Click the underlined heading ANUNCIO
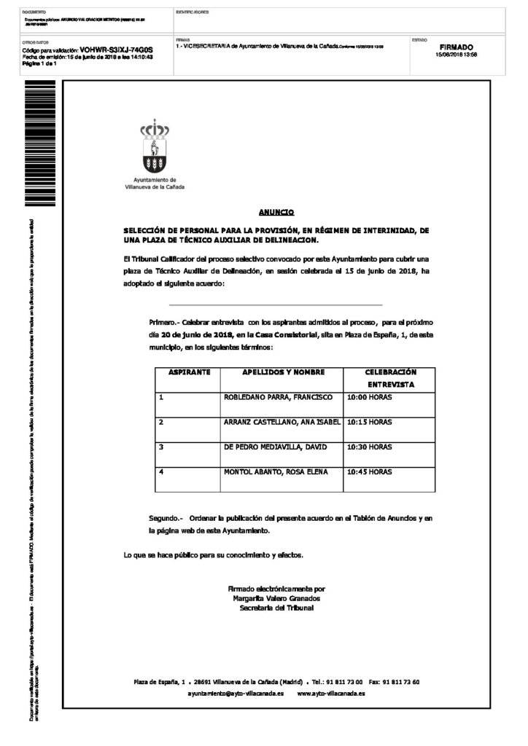pyautogui.click(x=276, y=212)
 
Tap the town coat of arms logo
pyautogui.click(x=155, y=149)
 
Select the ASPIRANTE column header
pyautogui.click(x=189, y=372)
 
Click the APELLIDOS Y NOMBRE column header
pyautogui.click(x=283, y=372)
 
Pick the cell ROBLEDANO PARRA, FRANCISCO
pyautogui.click(x=278, y=397)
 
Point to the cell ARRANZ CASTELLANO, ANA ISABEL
pyautogui.click(x=282, y=422)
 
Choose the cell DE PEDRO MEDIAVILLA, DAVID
pyautogui.click(x=276, y=447)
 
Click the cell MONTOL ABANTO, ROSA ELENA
pyautogui.click(x=276, y=471)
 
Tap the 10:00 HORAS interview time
pyautogui.click(x=369, y=397)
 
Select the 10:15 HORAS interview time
pyautogui.click(x=369, y=422)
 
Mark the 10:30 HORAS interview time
pyautogui.click(x=369, y=447)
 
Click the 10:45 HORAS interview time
pyautogui.click(x=369, y=471)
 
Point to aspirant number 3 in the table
pyautogui.click(x=161, y=447)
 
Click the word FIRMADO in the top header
pyautogui.click(x=456, y=47)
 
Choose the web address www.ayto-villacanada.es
pyautogui.click(x=331, y=694)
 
